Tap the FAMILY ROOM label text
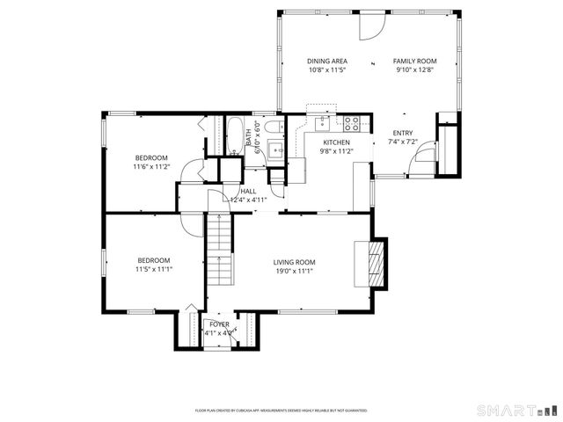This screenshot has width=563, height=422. [414, 61]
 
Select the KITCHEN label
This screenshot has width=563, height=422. [336, 142]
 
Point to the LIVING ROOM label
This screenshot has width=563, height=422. [294, 262]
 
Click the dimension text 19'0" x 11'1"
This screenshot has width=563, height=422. [294, 272]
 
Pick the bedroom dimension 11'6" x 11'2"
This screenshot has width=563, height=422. [150, 166]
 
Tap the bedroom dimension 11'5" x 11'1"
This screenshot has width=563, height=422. [153, 269]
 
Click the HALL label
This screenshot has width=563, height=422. [248, 190]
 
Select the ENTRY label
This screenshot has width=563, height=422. [402, 133]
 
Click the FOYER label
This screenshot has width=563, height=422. [219, 324]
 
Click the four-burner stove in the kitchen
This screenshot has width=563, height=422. [353, 123]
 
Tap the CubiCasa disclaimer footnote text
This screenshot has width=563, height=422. [281, 411]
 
